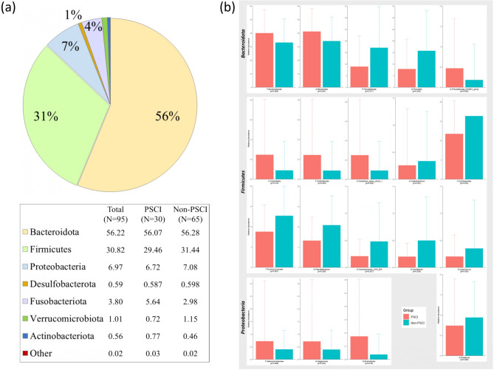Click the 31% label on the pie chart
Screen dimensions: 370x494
[x=47, y=116]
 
